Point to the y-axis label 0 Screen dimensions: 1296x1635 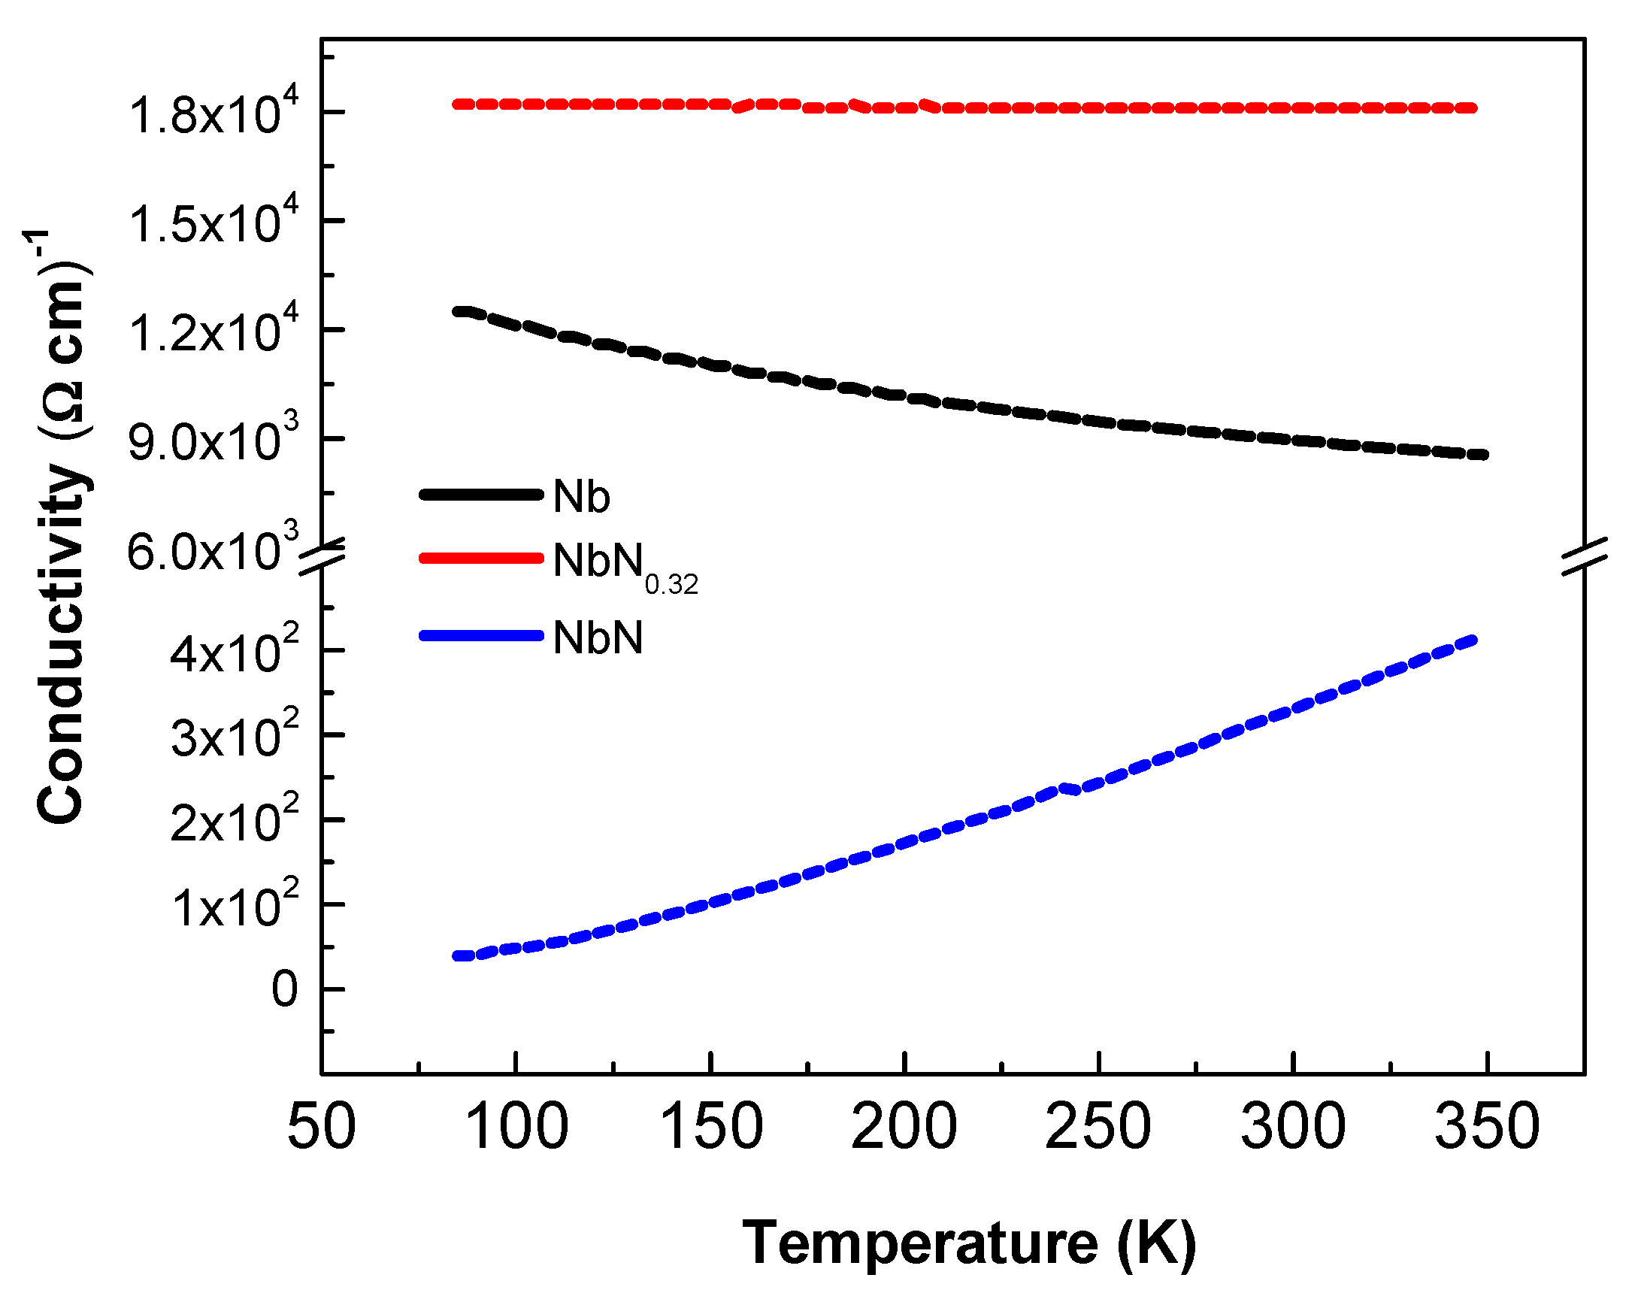285,989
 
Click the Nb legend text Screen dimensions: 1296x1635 582,497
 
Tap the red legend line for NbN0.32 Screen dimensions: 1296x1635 482,558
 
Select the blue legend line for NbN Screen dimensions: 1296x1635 482,635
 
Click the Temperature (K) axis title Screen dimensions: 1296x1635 969,1243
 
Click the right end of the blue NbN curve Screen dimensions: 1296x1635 1473,640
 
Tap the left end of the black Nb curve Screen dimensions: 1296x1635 457,312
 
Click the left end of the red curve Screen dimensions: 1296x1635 457,104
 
